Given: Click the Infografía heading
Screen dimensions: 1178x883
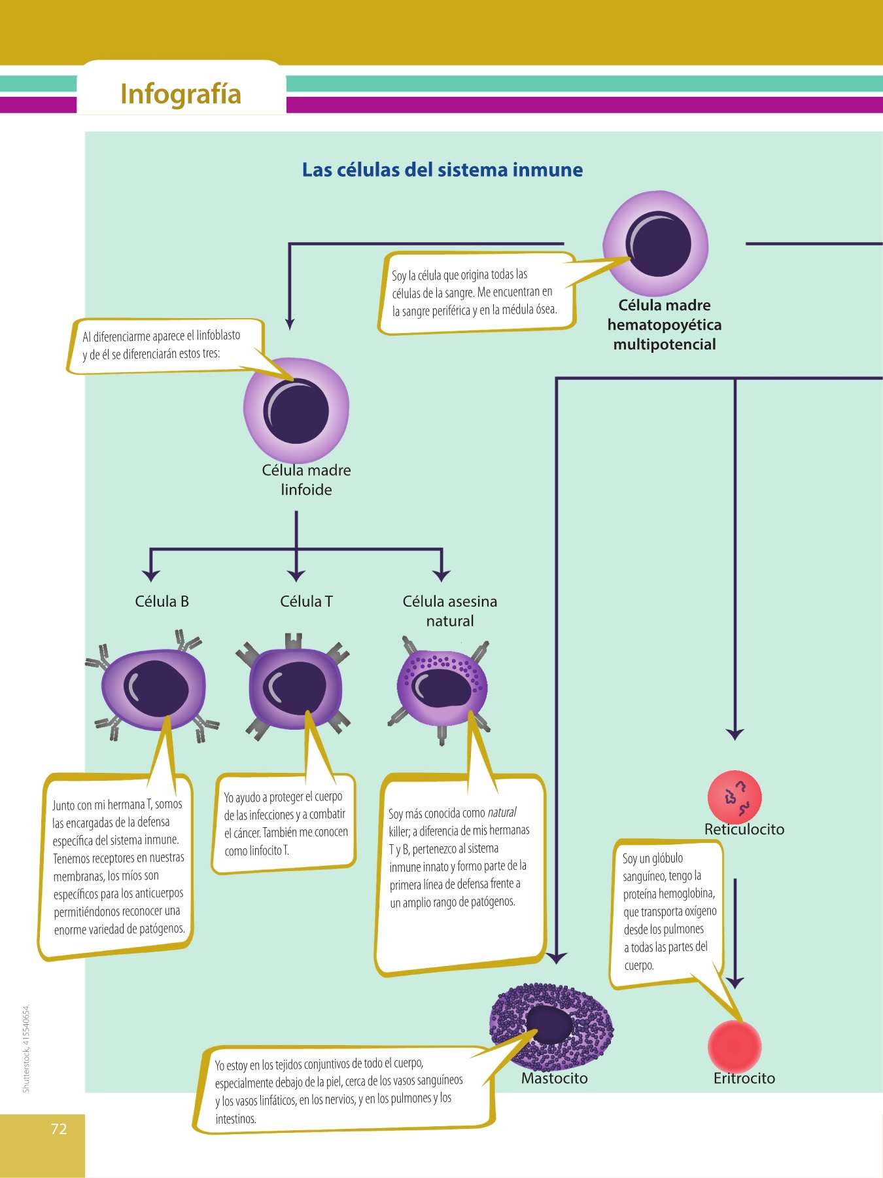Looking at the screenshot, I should [x=181, y=94].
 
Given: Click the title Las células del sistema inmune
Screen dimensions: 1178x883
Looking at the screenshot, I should [x=442, y=170].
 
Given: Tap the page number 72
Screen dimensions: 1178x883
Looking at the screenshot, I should [x=59, y=1129].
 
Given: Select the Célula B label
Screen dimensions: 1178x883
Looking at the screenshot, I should [x=162, y=601].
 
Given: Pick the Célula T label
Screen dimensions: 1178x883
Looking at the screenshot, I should [x=306, y=601].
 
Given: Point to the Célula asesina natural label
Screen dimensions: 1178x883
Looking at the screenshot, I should [x=450, y=611].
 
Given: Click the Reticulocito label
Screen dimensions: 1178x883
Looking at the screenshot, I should [x=744, y=829].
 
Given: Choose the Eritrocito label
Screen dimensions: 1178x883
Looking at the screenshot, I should [x=744, y=1079].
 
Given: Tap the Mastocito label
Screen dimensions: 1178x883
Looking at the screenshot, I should [x=555, y=1079].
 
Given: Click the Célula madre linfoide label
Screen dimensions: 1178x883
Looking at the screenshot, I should [x=306, y=480].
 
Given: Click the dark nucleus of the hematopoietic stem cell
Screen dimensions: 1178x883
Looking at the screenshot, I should [x=659, y=244].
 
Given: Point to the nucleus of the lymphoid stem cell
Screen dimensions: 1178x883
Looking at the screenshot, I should [x=296, y=411].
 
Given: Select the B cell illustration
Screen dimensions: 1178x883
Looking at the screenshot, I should [x=154, y=689].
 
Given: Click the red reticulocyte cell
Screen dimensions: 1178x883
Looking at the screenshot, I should [x=735, y=797].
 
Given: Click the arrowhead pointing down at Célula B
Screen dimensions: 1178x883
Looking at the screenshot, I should [x=151, y=575].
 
